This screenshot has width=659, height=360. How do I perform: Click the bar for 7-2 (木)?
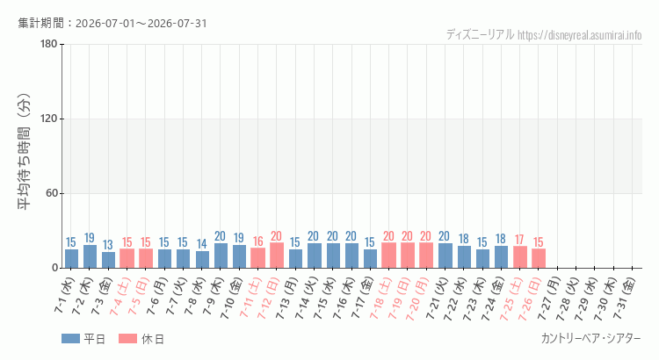coord(90,256)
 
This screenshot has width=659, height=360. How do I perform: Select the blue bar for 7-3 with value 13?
coord(108,260)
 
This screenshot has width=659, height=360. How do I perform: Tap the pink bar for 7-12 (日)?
coord(277,256)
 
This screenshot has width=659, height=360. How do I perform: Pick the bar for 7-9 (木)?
coord(221,256)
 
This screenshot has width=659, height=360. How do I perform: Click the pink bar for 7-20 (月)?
coord(426,256)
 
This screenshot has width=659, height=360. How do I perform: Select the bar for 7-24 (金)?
coord(501,257)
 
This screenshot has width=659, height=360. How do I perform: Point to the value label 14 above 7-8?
coord(202,243)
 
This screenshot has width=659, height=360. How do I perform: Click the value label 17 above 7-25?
coord(519,240)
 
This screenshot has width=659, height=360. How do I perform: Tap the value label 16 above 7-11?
coord(258,241)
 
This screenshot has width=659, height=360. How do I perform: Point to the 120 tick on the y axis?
coord(49,119)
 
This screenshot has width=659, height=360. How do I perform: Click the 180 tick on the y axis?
coord(49,44)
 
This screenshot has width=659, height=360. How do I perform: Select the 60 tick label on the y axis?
coord(52,194)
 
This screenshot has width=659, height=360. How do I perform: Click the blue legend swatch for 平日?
coord(70,339)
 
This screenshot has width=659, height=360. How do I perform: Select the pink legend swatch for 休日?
coord(127,339)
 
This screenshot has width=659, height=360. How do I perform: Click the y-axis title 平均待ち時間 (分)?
coord(25,151)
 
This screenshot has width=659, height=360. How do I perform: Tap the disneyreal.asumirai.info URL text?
coord(580,35)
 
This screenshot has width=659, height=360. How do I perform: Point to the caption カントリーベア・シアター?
coord(591,339)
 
